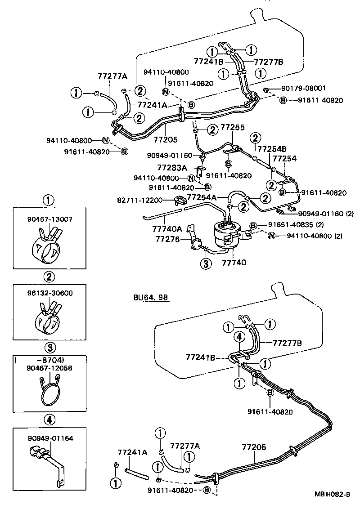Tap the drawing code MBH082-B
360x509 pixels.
click(332, 494)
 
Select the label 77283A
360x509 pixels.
click(171, 168)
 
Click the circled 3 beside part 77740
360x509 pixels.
click(205, 264)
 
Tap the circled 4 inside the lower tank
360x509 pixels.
click(239, 336)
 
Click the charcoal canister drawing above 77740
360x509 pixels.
click(225, 234)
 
